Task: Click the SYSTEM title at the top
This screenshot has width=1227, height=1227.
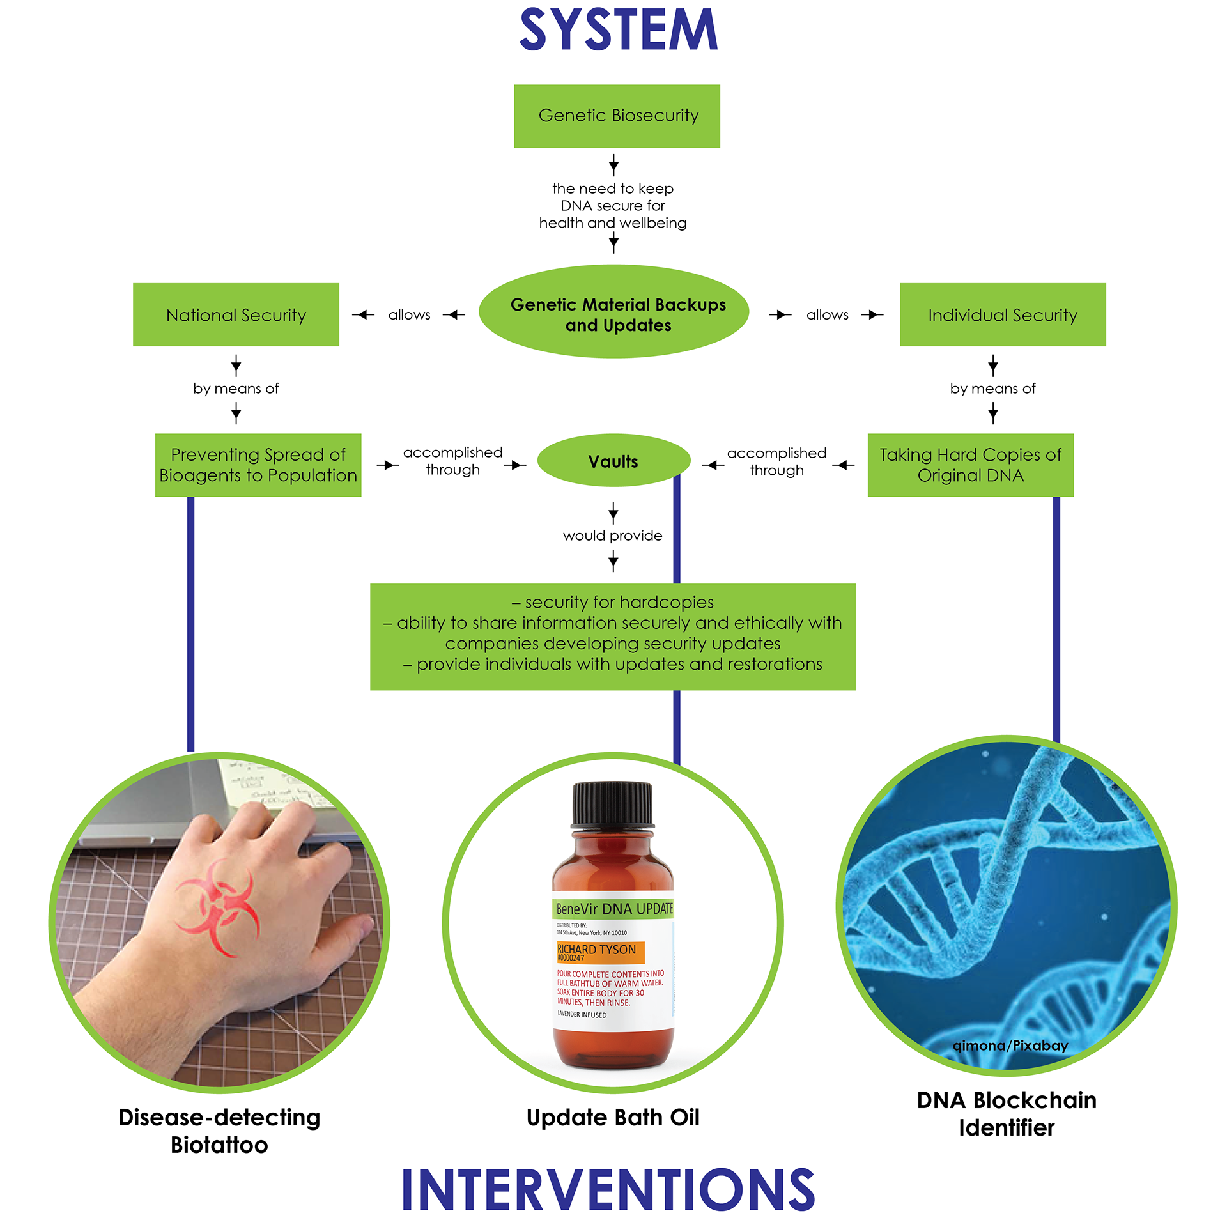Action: pyautogui.click(x=618, y=29)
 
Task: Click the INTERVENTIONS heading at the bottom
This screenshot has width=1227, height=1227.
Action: pyautogui.click(x=608, y=1189)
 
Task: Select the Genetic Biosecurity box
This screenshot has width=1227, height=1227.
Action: pyautogui.click(x=617, y=116)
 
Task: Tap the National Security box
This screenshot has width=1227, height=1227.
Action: pyautogui.click(x=236, y=315)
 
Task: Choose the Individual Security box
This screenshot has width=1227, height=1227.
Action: pyautogui.click(x=1002, y=315)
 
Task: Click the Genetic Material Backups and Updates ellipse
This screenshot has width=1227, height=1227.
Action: pyautogui.click(x=613, y=312)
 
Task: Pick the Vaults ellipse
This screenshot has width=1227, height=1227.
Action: pyautogui.click(x=613, y=461)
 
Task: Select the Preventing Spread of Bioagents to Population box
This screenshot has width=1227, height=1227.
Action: pyautogui.click(x=258, y=465)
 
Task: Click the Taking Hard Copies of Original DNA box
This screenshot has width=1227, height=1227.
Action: pyautogui.click(x=969, y=465)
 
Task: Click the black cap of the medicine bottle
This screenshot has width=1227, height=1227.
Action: pyautogui.click(x=612, y=803)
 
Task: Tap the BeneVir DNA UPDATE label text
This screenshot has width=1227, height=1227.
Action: pyautogui.click(x=613, y=909)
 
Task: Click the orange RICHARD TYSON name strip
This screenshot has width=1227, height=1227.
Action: pyautogui.click(x=599, y=952)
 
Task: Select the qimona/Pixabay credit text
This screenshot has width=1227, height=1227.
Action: pyautogui.click(x=1010, y=1046)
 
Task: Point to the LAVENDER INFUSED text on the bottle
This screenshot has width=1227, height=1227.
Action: pyautogui.click(x=582, y=1014)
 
